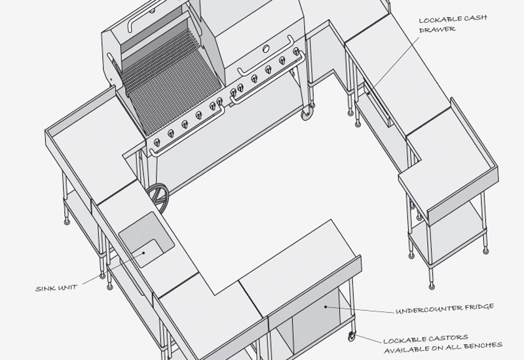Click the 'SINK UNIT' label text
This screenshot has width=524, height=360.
tap(56, 288)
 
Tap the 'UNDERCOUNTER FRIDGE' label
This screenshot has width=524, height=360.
tap(445, 308)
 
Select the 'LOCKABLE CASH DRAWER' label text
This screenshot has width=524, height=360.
tap(453, 24)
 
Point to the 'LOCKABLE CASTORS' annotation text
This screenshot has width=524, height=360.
tap(425, 340)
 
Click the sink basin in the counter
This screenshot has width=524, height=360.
tap(146, 240)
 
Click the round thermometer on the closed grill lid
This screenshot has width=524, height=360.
tap(266, 48)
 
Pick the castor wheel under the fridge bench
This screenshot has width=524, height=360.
tap(352, 336)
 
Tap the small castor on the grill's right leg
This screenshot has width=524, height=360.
tap(307, 114)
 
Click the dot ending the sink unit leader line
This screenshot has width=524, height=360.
tap(144, 253)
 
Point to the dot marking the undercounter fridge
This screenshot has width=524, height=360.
tap(326, 306)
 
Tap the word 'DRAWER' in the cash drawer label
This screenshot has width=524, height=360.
tap(437, 29)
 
